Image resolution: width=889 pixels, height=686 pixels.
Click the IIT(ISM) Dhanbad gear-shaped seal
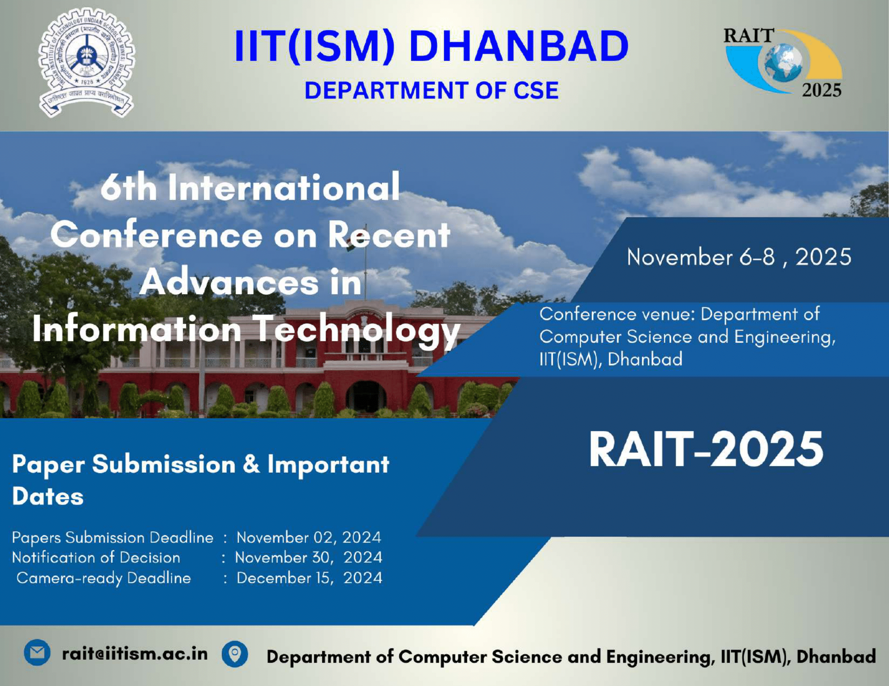(86, 63)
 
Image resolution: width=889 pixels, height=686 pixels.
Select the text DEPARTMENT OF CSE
(432, 90)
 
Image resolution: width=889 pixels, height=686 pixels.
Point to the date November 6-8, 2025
(739, 257)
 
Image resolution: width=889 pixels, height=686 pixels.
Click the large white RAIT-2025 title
(706, 449)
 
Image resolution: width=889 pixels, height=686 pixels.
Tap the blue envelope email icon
(37, 653)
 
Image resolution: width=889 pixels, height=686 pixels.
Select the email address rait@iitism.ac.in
(135, 654)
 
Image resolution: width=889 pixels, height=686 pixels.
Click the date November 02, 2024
(309, 538)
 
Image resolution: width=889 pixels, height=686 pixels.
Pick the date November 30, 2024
(309, 558)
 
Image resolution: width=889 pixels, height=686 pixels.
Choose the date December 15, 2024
(309, 578)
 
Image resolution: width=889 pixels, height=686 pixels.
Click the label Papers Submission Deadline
(113, 538)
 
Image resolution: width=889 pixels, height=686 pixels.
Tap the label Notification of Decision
(96, 558)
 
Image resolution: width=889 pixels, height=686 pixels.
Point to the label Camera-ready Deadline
(104, 578)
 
